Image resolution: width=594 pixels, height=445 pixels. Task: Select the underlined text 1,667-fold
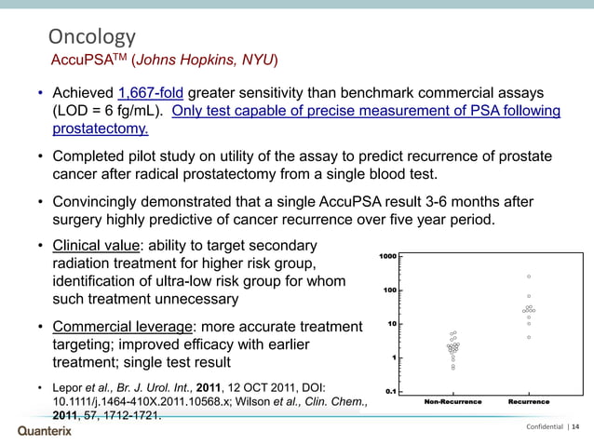click(x=153, y=94)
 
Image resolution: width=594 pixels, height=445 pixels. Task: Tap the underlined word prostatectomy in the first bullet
click(x=100, y=128)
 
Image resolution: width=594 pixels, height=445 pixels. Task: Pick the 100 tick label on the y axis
click(x=390, y=290)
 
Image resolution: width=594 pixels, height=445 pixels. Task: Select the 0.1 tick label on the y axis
click(x=391, y=391)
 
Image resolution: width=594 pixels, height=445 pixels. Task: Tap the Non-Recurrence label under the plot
click(x=452, y=402)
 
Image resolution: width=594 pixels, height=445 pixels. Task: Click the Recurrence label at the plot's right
click(x=528, y=402)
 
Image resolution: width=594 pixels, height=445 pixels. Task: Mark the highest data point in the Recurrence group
click(x=529, y=276)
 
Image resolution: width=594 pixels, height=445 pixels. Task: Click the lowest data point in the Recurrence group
click(x=529, y=337)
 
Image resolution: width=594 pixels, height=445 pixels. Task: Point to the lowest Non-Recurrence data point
click(x=452, y=369)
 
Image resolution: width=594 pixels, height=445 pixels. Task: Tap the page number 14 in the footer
click(x=574, y=427)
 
